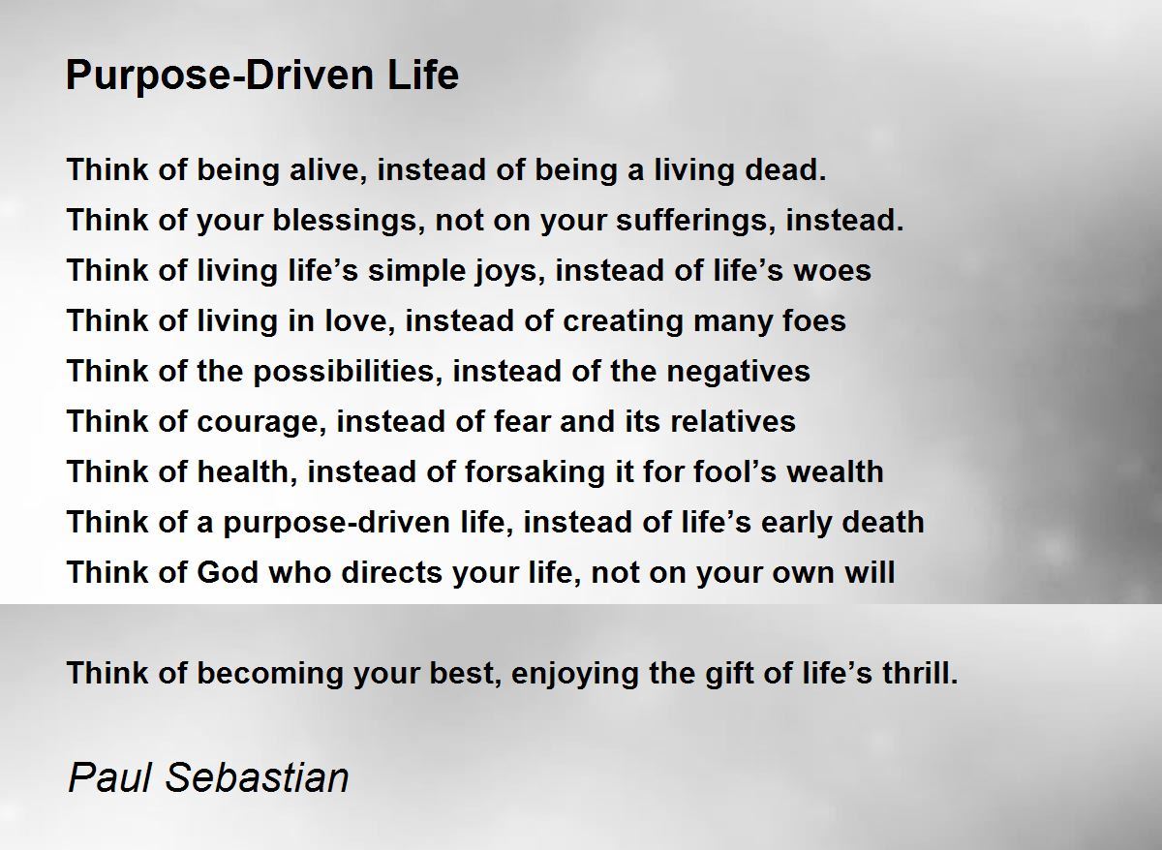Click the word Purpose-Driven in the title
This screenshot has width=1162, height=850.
[220, 76]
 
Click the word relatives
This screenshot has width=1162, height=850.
[733, 422]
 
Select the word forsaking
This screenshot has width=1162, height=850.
[535, 471]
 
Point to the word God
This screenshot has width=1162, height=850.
[228, 572]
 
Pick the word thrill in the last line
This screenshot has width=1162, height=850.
[920, 673]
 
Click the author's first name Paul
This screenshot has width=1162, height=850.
[108, 777]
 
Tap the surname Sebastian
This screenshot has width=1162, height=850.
[257, 777]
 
